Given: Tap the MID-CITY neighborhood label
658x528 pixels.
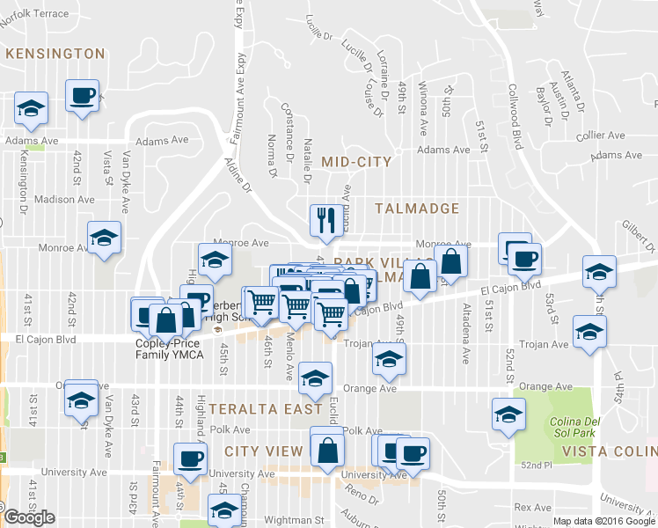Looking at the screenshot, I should pos(355,162).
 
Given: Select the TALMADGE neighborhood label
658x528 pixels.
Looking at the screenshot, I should pos(417,209).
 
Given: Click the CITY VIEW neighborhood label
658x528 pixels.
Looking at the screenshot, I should pos(263,451).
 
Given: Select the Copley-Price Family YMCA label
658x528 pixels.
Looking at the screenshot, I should pos(169,348).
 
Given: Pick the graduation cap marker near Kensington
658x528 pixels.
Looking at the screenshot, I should pos(32,108).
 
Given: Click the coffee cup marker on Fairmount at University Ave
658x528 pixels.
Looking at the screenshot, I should pos(191,458).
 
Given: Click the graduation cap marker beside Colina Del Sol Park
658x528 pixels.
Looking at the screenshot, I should pos(508,414).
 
